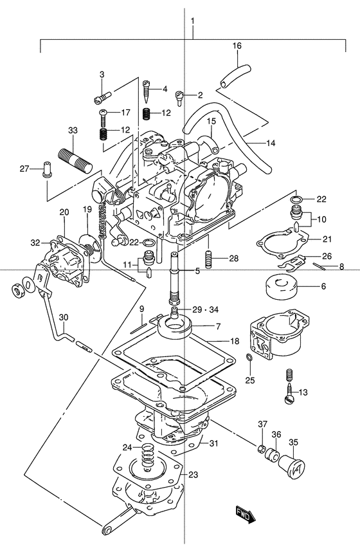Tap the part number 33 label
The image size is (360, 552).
(73, 130)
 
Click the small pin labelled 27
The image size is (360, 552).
(47, 170)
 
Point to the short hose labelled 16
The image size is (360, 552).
(235, 75)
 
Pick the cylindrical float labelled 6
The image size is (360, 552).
(280, 286)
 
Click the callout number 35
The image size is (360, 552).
(294, 441)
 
